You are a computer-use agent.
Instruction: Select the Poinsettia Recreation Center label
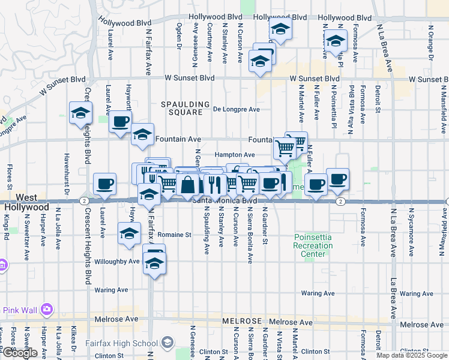pyautogui.click(x=313, y=245)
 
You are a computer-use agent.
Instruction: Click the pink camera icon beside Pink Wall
pyautogui.click(x=47, y=310)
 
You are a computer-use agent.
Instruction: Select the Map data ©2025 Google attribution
pyautogui.click(x=412, y=355)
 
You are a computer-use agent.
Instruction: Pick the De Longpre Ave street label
pyautogui.click(x=237, y=109)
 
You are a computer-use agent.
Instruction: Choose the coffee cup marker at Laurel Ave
pyautogui.click(x=105, y=184)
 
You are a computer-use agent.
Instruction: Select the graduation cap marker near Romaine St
pyautogui.click(x=128, y=234)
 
